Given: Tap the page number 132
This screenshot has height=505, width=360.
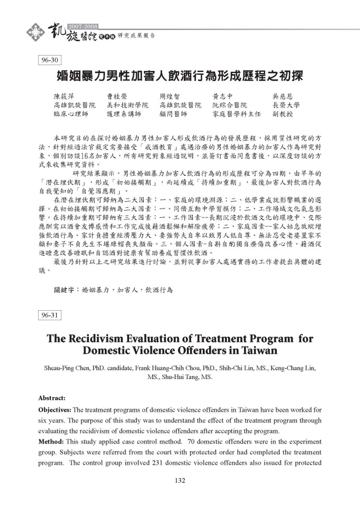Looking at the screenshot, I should click(x=179, y=481).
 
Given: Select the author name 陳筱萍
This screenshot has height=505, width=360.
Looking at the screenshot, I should click(x=65, y=97).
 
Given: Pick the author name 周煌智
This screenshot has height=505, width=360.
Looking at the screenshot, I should click(x=170, y=97).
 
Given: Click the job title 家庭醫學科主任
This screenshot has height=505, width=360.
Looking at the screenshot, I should click(x=237, y=114).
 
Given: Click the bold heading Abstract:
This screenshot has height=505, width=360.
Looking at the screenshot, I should click(x=52, y=398).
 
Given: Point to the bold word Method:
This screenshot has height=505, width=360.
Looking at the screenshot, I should click(x=51, y=441).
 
